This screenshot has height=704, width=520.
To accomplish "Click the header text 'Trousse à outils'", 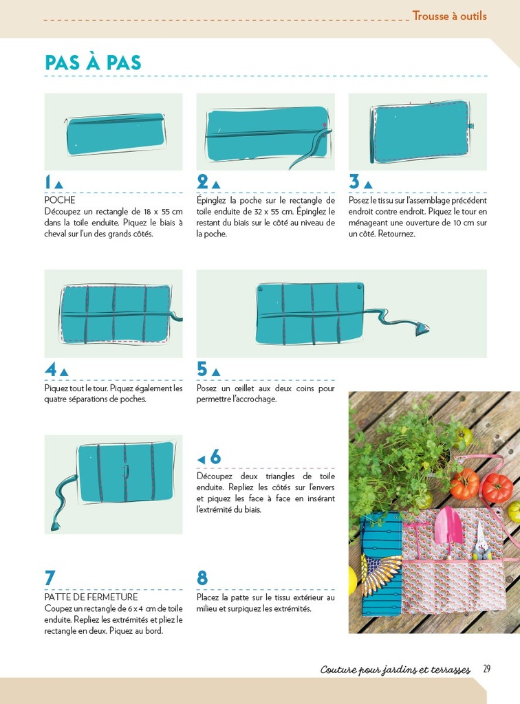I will click(x=449, y=16).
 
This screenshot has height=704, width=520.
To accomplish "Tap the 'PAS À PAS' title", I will click(x=93, y=63).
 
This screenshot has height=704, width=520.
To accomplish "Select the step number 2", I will click(x=202, y=182).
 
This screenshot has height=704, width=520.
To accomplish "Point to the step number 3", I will click(x=354, y=182).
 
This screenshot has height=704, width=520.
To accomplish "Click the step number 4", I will click(x=50, y=369).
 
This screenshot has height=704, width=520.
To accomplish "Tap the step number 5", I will click(x=202, y=369).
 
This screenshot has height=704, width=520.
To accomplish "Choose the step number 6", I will click(x=215, y=457).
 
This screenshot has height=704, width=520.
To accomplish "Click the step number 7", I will click(x=50, y=578).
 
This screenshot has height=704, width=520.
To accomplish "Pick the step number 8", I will click(x=202, y=578).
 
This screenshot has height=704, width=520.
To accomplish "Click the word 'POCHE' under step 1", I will click(x=60, y=200).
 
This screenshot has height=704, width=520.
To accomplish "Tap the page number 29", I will click(x=486, y=669).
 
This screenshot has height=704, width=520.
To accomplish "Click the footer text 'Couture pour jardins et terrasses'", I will click(x=395, y=670).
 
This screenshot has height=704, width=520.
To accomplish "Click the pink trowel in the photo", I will click(x=448, y=526).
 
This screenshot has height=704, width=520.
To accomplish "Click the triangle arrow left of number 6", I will click(x=201, y=459).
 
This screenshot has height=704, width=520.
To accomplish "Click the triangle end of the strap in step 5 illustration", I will click(x=422, y=329).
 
